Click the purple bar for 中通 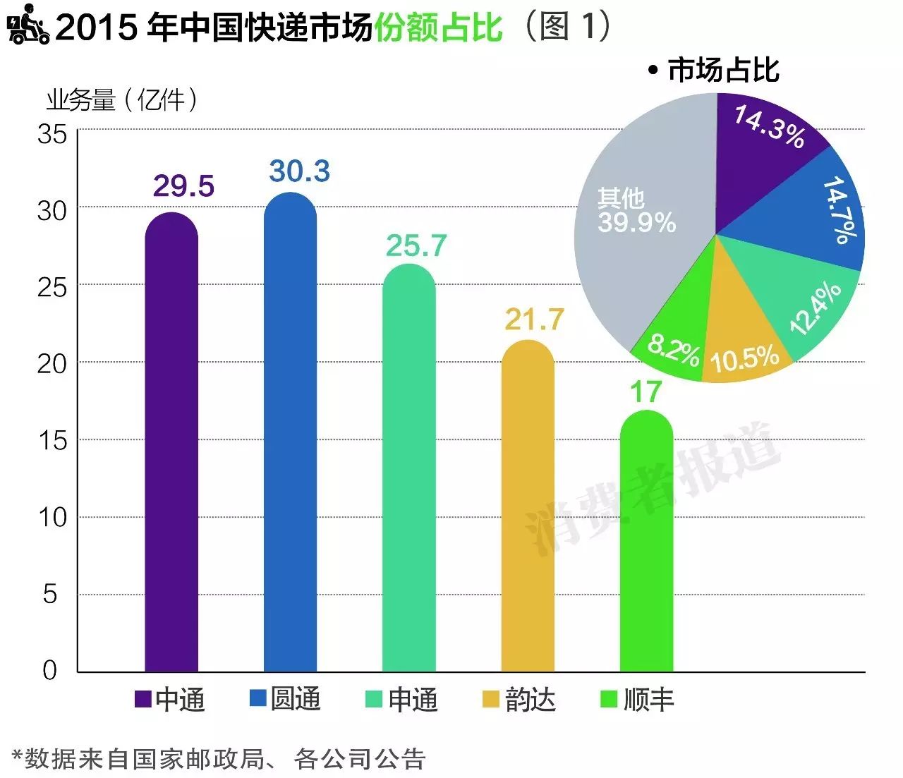click(x=171, y=444)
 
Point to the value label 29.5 click(x=183, y=186)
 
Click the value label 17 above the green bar click(x=646, y=392)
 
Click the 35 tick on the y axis click(x=52, y=134)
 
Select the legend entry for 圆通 click(x=286, y=699)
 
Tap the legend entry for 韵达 click(x=519, y=699)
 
